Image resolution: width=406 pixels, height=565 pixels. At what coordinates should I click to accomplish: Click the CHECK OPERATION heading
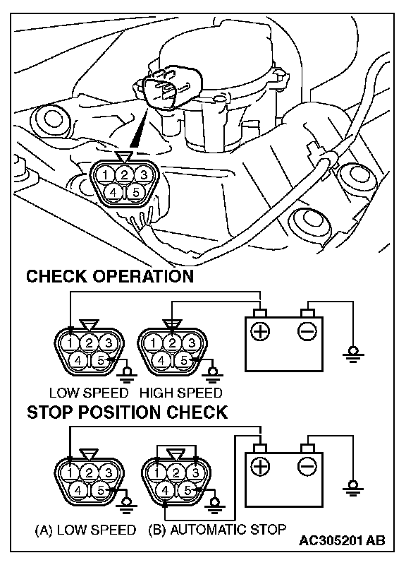(110, 276)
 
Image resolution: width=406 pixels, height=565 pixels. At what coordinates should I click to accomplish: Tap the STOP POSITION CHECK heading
(128, 412)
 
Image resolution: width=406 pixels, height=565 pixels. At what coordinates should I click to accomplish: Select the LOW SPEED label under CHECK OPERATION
(89, 393)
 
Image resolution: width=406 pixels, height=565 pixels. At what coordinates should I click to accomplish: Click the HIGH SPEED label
(180, 393)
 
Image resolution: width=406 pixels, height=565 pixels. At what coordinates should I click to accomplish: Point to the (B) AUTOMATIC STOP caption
(217, 530)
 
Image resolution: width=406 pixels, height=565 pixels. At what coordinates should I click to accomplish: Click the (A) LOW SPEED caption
(85, 530)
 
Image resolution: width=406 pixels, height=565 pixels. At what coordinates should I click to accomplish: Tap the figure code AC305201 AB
(342, 540)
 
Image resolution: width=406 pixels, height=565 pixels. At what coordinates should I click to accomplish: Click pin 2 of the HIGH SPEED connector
(172, 343)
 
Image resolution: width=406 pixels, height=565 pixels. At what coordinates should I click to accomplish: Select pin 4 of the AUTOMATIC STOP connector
(165, 490)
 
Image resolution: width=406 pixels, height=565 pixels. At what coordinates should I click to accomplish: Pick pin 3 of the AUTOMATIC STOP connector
(195, 472)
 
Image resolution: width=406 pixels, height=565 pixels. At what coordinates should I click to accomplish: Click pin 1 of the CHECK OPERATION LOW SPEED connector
(70, 343)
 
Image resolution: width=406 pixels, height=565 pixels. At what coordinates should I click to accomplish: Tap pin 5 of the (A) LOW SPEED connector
(101, 490)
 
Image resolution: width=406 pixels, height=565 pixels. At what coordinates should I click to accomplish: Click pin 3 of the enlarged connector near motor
(144, 175)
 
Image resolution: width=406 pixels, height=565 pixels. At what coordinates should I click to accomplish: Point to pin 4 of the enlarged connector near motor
(113, 192)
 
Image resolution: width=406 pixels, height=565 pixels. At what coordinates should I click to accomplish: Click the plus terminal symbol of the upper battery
(260, 331)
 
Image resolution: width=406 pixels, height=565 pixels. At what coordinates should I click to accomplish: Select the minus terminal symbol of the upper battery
(307, 331)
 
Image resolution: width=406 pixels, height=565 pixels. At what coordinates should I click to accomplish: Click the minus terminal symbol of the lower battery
(307, 467)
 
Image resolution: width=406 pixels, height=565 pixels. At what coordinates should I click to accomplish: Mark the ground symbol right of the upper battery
(352, 355)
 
